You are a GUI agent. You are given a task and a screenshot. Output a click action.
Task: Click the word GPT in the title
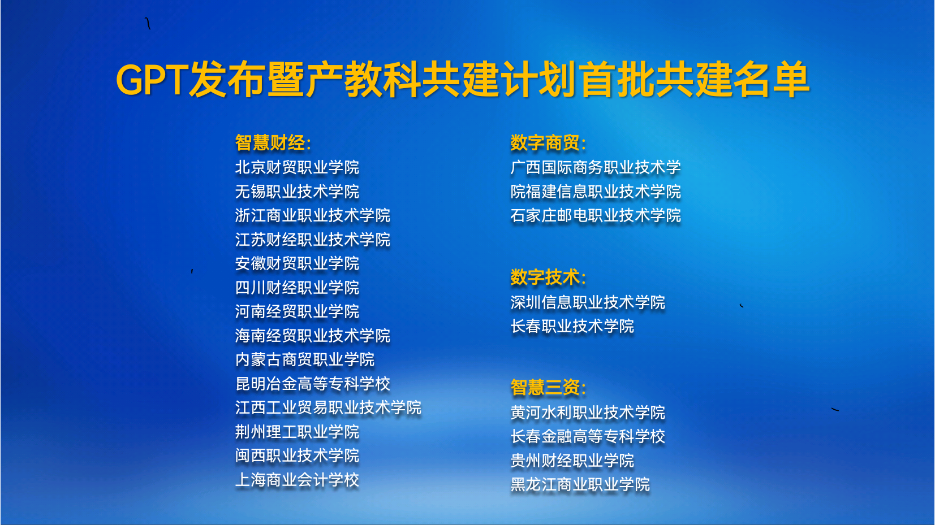(150, 79)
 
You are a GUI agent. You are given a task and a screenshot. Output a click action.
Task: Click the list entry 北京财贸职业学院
(297, 167)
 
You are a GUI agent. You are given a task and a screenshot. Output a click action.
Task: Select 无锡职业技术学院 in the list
(297, 192)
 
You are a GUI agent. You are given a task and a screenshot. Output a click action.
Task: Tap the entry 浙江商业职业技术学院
(313, 215)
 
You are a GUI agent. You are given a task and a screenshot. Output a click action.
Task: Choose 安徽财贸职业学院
(297, 263)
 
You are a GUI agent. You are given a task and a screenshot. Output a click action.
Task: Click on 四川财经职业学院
(297, 288)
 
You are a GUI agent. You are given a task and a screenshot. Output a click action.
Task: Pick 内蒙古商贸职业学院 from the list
(305, 359)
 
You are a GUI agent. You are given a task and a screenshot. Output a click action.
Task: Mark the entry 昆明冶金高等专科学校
(313, 384)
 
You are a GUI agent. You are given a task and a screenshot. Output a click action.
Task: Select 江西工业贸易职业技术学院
(329, 408)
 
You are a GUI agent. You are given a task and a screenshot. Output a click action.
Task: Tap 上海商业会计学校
(297, 480)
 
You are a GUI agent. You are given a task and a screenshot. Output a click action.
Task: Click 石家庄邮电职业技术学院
(596, 215)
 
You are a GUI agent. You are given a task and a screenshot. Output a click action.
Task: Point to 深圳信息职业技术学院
(588, 302)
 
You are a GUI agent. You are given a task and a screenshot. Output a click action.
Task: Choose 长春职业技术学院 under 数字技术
(572, 326)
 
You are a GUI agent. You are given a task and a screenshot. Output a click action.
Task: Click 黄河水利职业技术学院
(588, 413)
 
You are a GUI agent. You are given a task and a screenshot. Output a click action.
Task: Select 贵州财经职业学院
(572, 461)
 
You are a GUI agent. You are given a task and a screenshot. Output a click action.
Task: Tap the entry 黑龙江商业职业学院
(580, 484)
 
